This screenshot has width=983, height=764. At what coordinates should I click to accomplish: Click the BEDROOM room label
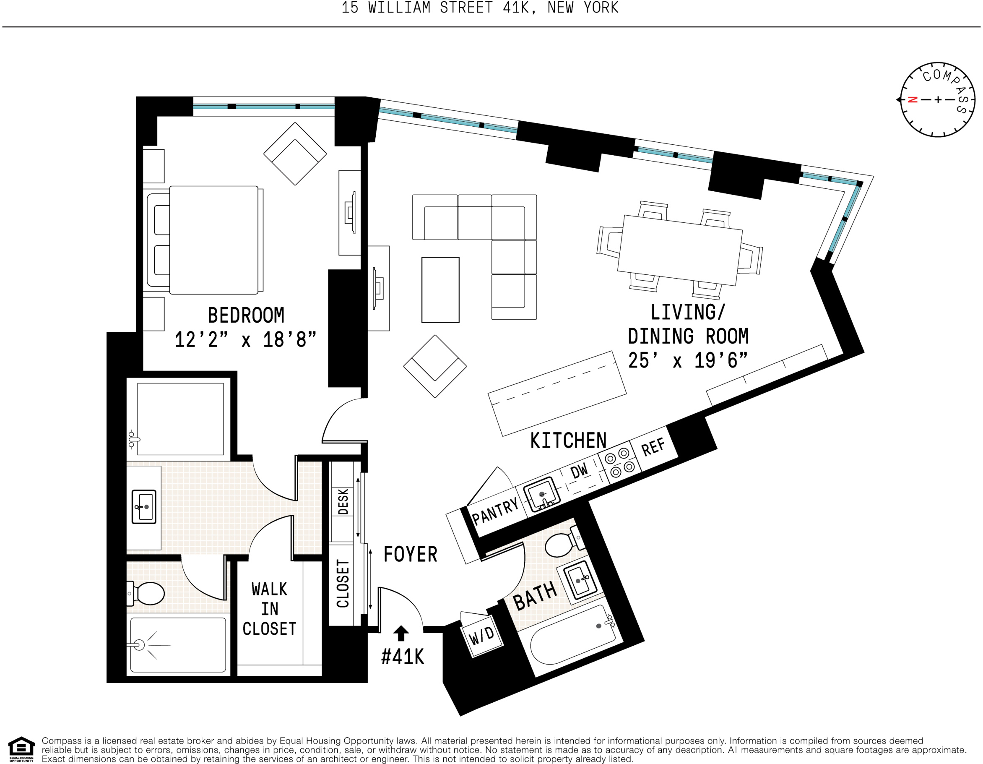coord(246,315)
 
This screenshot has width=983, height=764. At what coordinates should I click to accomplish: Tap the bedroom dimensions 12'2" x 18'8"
coord(245,339)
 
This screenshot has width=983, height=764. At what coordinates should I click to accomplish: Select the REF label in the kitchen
coord(653,447)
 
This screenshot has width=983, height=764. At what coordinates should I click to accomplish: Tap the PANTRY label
coord(495,512)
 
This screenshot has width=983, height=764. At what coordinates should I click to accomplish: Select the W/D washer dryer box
coord(481,635)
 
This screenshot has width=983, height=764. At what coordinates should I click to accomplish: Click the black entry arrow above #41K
coord(400,633)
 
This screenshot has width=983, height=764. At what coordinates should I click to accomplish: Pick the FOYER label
coord(410,554)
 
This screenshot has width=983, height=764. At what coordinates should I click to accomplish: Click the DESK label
coord(343,501)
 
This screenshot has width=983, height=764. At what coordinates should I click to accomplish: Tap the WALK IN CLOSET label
coord(269,609)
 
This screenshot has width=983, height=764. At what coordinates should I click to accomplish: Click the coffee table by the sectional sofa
coord(440,290)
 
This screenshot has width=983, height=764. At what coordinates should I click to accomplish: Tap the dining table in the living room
coord(680,250)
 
